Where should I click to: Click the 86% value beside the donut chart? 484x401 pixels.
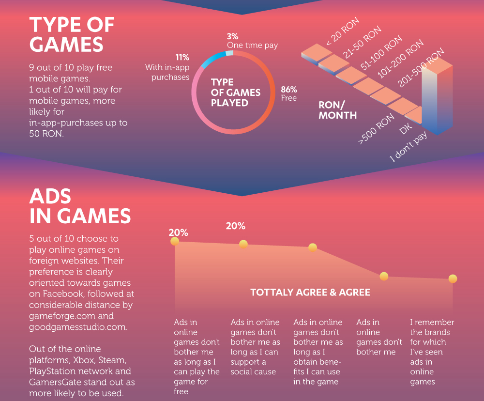[289, 90]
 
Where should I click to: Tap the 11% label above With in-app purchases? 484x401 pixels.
[182, 58]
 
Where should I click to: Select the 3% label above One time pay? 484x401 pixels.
[232, 36]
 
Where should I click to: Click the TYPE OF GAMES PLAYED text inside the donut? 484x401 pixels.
[236, 93]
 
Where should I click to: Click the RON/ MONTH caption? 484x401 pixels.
[337, 110]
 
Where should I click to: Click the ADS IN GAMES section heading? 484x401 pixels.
[80, 206]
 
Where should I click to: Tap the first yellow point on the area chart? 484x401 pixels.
[175, 241]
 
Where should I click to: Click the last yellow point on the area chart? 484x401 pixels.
[453, 279]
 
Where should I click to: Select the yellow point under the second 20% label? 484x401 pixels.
[243, 245]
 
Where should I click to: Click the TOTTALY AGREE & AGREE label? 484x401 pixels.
[310, 293]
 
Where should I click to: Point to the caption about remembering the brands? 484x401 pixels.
[432, 352]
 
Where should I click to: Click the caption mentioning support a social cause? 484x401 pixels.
[255, 347]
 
